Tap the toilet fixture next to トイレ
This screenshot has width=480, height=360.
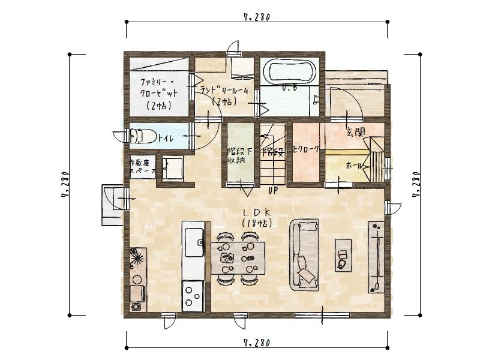140,136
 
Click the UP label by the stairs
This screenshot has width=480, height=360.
273,191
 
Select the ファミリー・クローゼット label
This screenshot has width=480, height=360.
159,93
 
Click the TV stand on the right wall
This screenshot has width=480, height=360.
376,257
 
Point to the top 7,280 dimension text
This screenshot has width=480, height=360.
257,17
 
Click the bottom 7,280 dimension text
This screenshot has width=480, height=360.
257,343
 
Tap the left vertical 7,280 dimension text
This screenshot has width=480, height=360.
65,185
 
